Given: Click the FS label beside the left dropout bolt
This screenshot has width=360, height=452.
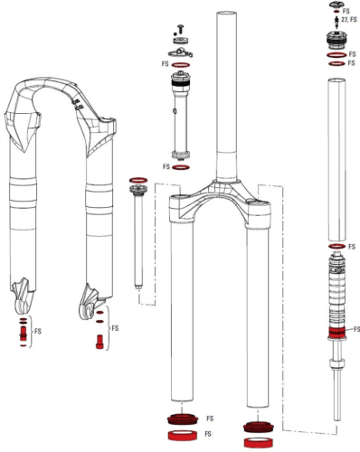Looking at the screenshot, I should pyautogui.click(x=38, y=332).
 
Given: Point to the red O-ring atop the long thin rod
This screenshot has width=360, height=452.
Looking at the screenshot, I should pyautogui.click(x=139, y=179).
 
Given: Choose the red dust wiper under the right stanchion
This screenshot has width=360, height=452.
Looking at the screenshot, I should pyautogui.click(x=255, y=425).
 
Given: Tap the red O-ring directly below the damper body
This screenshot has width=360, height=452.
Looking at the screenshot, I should pyautogui.click(x=180, y=167).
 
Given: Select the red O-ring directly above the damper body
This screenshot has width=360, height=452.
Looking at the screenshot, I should pyautogui.click(x=180, y=66).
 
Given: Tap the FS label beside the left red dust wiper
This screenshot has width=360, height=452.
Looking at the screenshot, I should pyautogui.click(x=210, y=419).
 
